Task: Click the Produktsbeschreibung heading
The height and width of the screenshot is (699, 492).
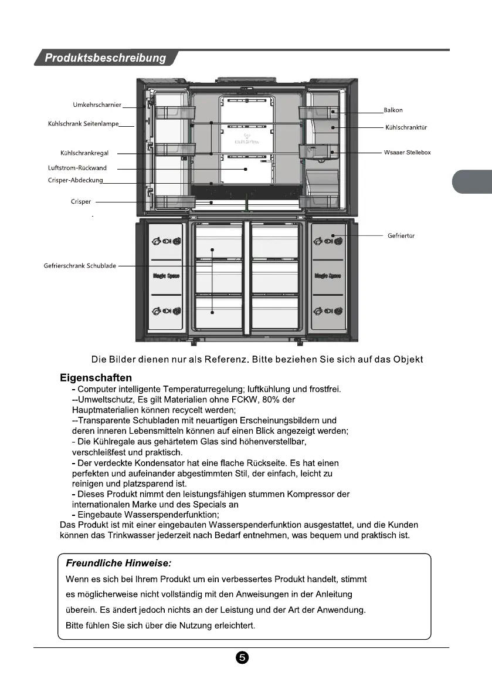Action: click(x=106, y=58)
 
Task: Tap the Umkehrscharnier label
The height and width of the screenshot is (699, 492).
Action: click(x=97, y=104)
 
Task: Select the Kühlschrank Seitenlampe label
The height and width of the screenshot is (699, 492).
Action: click(x=83, y=124)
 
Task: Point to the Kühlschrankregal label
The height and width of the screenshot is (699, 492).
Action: click(x=89, y=153)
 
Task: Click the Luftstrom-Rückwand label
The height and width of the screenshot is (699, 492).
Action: click(x=77, y=168)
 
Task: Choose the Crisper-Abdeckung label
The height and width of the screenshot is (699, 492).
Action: click(x=75, y=180)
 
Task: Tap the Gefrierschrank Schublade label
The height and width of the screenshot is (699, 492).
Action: click(x=80, y=266)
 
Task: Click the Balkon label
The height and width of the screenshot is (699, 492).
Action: click(x=393, y=110)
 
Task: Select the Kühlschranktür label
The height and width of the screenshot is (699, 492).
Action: click(x=406, y=127)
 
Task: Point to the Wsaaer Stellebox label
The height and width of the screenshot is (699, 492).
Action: click(x=407, y=153)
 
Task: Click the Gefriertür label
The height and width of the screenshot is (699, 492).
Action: click(x=401, y=236)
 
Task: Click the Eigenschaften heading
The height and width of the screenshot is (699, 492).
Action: click(x=96, y=377)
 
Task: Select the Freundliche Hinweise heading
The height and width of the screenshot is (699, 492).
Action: click(x=118, y=563)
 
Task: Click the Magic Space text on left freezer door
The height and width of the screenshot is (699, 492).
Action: click(x=167, y=276)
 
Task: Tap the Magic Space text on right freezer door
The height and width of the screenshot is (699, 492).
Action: click(x=328, y=276)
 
